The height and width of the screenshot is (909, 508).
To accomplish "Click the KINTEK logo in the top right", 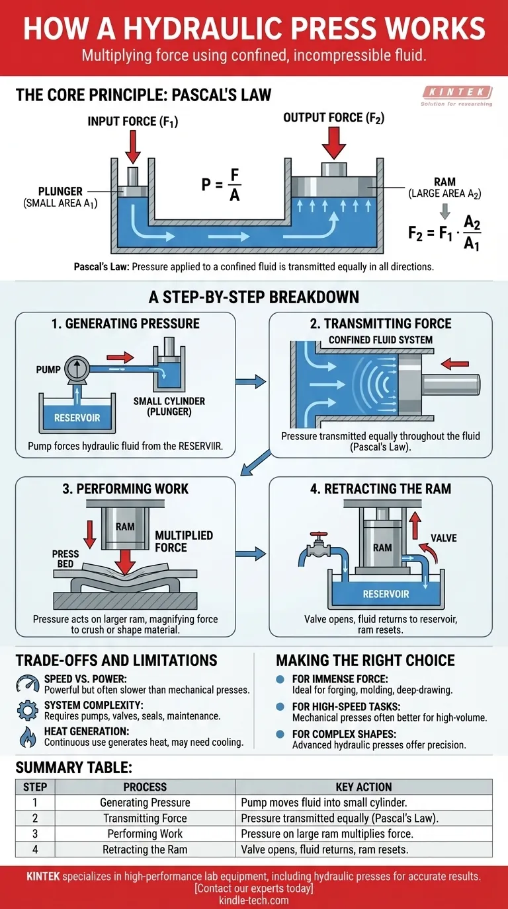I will point(456,96).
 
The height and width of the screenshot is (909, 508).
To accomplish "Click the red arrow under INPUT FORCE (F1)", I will point(132,147).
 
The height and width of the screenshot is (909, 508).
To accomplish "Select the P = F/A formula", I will point(221,184).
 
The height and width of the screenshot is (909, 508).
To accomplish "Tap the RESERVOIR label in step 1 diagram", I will point(77,418).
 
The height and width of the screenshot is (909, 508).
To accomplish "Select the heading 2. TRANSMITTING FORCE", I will point(380,324).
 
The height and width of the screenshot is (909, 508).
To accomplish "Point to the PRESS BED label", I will point(65,560).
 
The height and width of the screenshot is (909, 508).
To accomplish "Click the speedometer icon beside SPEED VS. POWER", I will point(28,684).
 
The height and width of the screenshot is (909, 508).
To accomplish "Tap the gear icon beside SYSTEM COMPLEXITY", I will point(28,711).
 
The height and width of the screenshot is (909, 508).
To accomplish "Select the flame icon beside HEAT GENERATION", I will point(28,737).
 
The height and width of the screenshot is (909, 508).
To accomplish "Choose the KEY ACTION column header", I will point(364,787).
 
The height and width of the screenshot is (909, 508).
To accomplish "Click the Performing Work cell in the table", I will point(145,834).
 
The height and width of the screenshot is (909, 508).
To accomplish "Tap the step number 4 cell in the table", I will point(35,850).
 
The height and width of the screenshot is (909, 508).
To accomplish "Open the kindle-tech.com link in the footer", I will point(254,900).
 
